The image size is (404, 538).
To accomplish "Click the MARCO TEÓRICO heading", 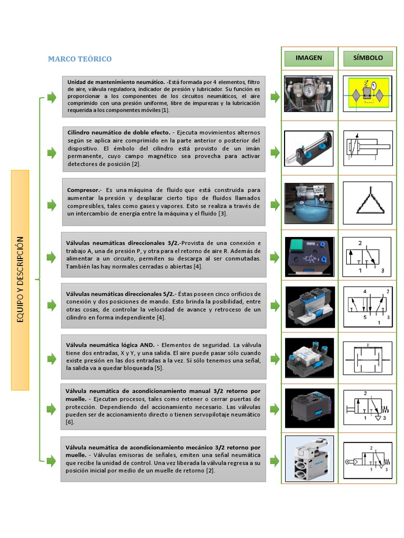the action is [x=80, y=59].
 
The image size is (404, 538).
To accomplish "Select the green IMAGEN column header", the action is [x=309, y=58].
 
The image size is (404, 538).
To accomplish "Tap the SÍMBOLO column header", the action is [x=368, y=58].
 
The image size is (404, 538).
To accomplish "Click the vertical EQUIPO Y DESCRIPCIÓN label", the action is [x=21, y=280].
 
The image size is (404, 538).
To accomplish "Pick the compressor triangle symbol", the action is [x=368, y=203].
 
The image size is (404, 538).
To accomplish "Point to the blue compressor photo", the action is [x=309, y=203].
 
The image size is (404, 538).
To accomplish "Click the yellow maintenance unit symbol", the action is [x=368, y=94].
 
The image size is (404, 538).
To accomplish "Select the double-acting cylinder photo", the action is [x=309, y=149].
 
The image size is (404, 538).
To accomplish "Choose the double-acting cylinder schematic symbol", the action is [x=368, y=149].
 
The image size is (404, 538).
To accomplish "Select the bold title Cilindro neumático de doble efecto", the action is [x=118, y=132].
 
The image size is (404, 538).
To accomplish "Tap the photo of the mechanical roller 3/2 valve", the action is [x=309, y=458].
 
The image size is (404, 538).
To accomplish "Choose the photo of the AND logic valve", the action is [x=309, y=358].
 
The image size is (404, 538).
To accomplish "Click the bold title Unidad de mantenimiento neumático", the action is [x=116, y=82].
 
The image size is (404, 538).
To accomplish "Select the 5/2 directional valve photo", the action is [x=309, y=306].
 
